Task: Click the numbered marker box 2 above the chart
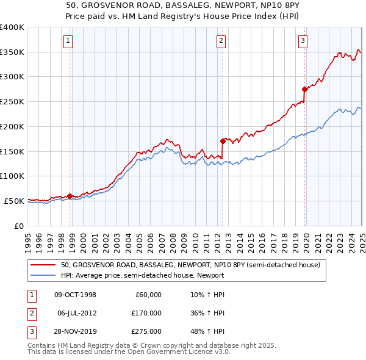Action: coord(221,41)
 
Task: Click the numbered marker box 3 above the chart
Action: coord(303,41)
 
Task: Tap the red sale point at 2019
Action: coord(304,89)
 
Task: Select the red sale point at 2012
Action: coord(223,141)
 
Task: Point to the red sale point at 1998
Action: coord(70,196)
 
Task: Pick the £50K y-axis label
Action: coord(15,201)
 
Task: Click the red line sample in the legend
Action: coord(44,265)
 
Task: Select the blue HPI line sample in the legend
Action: coord(44,275)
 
